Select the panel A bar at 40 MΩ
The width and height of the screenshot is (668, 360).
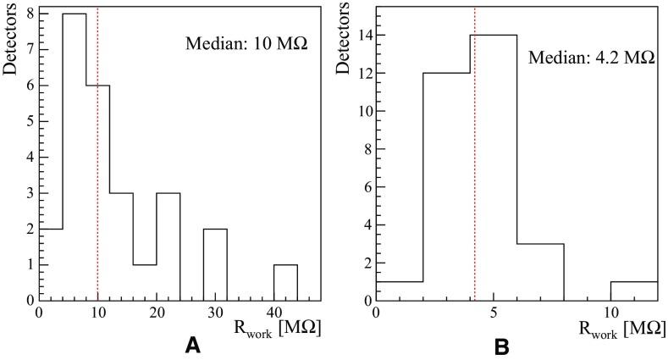point(285,283)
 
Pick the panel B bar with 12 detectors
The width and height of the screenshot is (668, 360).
point(445,186)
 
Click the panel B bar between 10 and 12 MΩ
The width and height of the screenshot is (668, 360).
point(633,291)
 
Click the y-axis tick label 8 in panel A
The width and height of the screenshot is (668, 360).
point(30,14)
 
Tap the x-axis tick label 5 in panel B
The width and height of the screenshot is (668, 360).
point(493,311)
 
